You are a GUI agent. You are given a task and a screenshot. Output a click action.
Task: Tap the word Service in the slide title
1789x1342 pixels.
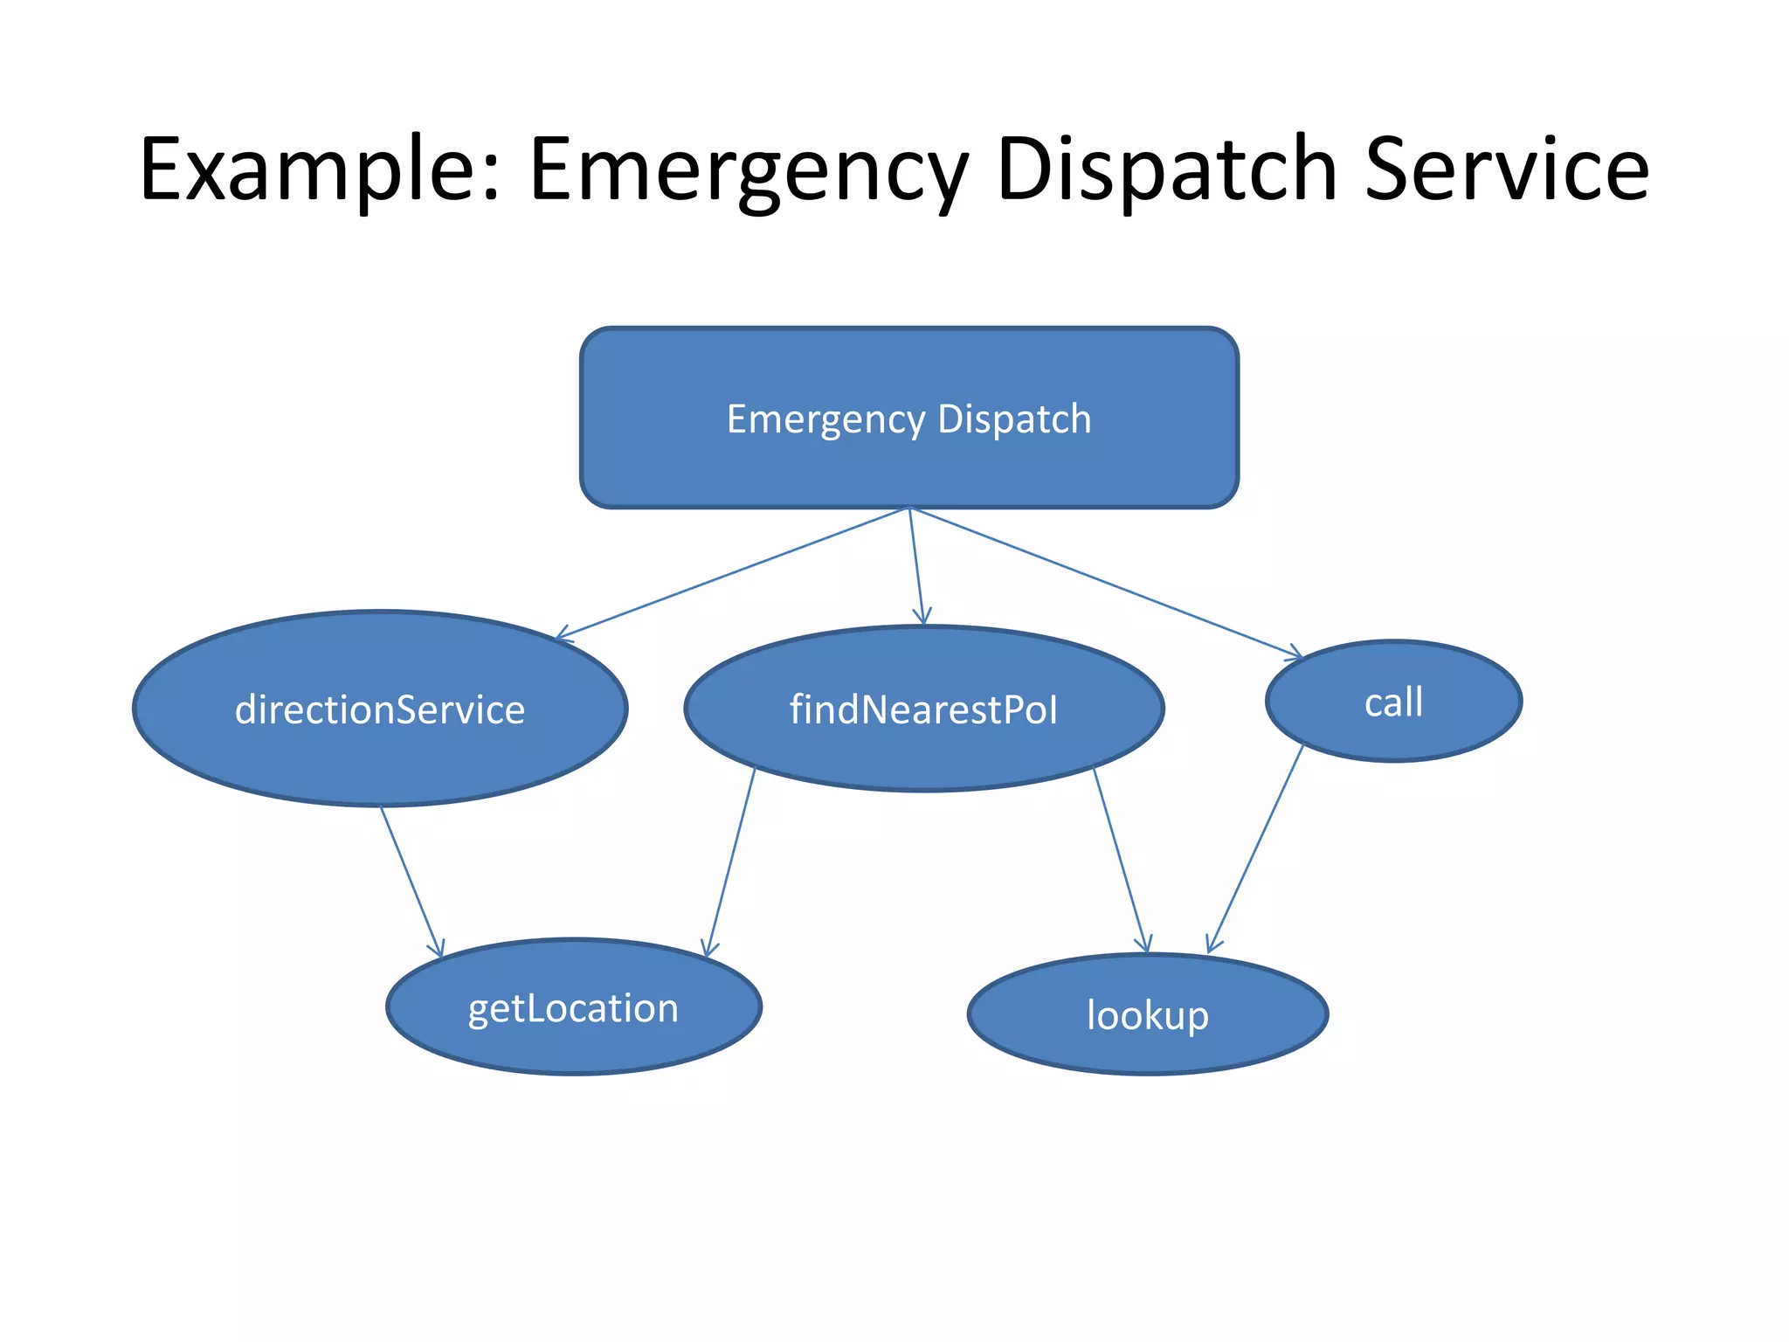pyautogui.click(x=1506, y=170)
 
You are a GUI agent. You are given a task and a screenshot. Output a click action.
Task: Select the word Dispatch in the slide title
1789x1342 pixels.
pyautogui.click(x=1166, y=170)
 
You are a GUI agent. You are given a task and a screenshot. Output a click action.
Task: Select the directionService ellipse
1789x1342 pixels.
pyautogui.click(x=380, y=751)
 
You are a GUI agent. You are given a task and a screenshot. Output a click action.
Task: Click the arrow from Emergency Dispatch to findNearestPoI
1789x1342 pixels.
pyautogui.click(x=916, y=566)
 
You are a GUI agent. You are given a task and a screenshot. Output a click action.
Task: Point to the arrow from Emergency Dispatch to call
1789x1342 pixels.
pyautogui.click(x=1105, y=582)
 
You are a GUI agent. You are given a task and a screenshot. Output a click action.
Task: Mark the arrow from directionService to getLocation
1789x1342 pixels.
pyautogui.click(x=411, y=881)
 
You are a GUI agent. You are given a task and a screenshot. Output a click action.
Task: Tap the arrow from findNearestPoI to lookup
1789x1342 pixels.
pyautogui.click(x=1121, y=861)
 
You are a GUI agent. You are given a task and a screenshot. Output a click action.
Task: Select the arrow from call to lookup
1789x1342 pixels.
pyautogui.click(x=1255, y=847)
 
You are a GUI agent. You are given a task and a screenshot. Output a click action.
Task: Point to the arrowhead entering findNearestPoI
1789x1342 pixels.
pyautogui.click(x=922, y=619)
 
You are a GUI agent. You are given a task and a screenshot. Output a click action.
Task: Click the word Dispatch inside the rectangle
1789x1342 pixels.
pyautogui.click(x=1014, y=419)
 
